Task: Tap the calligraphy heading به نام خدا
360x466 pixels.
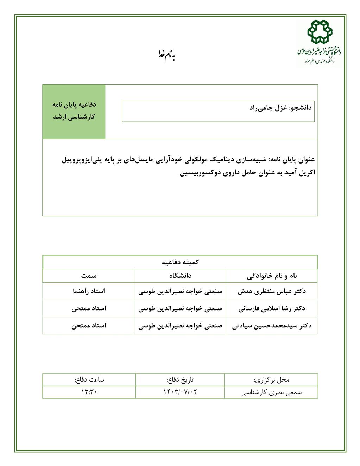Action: coord(166,55)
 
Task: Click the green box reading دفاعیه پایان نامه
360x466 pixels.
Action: coord(74,111)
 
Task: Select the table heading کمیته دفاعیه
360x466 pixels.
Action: coord(180,262)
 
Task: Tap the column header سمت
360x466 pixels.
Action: coord(89,276)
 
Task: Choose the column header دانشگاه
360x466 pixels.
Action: coord(180,276)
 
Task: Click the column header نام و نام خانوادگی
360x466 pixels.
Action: coord(271,276)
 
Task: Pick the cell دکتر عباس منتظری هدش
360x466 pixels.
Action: coord(271,291)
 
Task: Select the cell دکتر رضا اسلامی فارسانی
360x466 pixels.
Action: coord(271,308)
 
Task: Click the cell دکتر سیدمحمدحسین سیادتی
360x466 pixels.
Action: coord(271,326)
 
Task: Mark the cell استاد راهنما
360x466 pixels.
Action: coord(89,291)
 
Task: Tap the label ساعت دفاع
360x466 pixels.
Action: coord(89,380)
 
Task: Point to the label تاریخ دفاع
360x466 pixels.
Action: coord(180,380)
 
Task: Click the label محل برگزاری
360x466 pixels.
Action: coord(271,380)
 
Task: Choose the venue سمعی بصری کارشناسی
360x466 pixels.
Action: coord(271,392)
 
